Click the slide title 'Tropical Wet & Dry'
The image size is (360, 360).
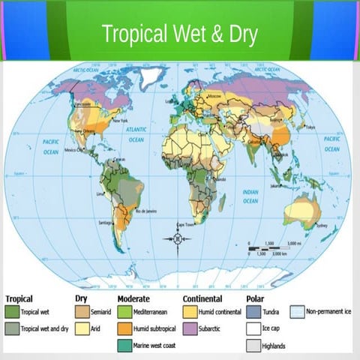coord(180,34)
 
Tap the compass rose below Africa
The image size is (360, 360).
coord(178,239)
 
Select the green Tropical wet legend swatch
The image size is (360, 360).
coord(11,310)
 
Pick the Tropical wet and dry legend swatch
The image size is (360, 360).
coord(11,328)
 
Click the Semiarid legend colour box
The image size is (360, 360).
coord(82,310)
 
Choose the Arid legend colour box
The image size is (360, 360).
coord(82,328)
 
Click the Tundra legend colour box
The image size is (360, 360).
coord(253,310)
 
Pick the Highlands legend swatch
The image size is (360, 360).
coord(253,346)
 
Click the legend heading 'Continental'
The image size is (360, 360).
coord(203,298)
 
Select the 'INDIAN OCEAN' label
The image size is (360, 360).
coord(250,196)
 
